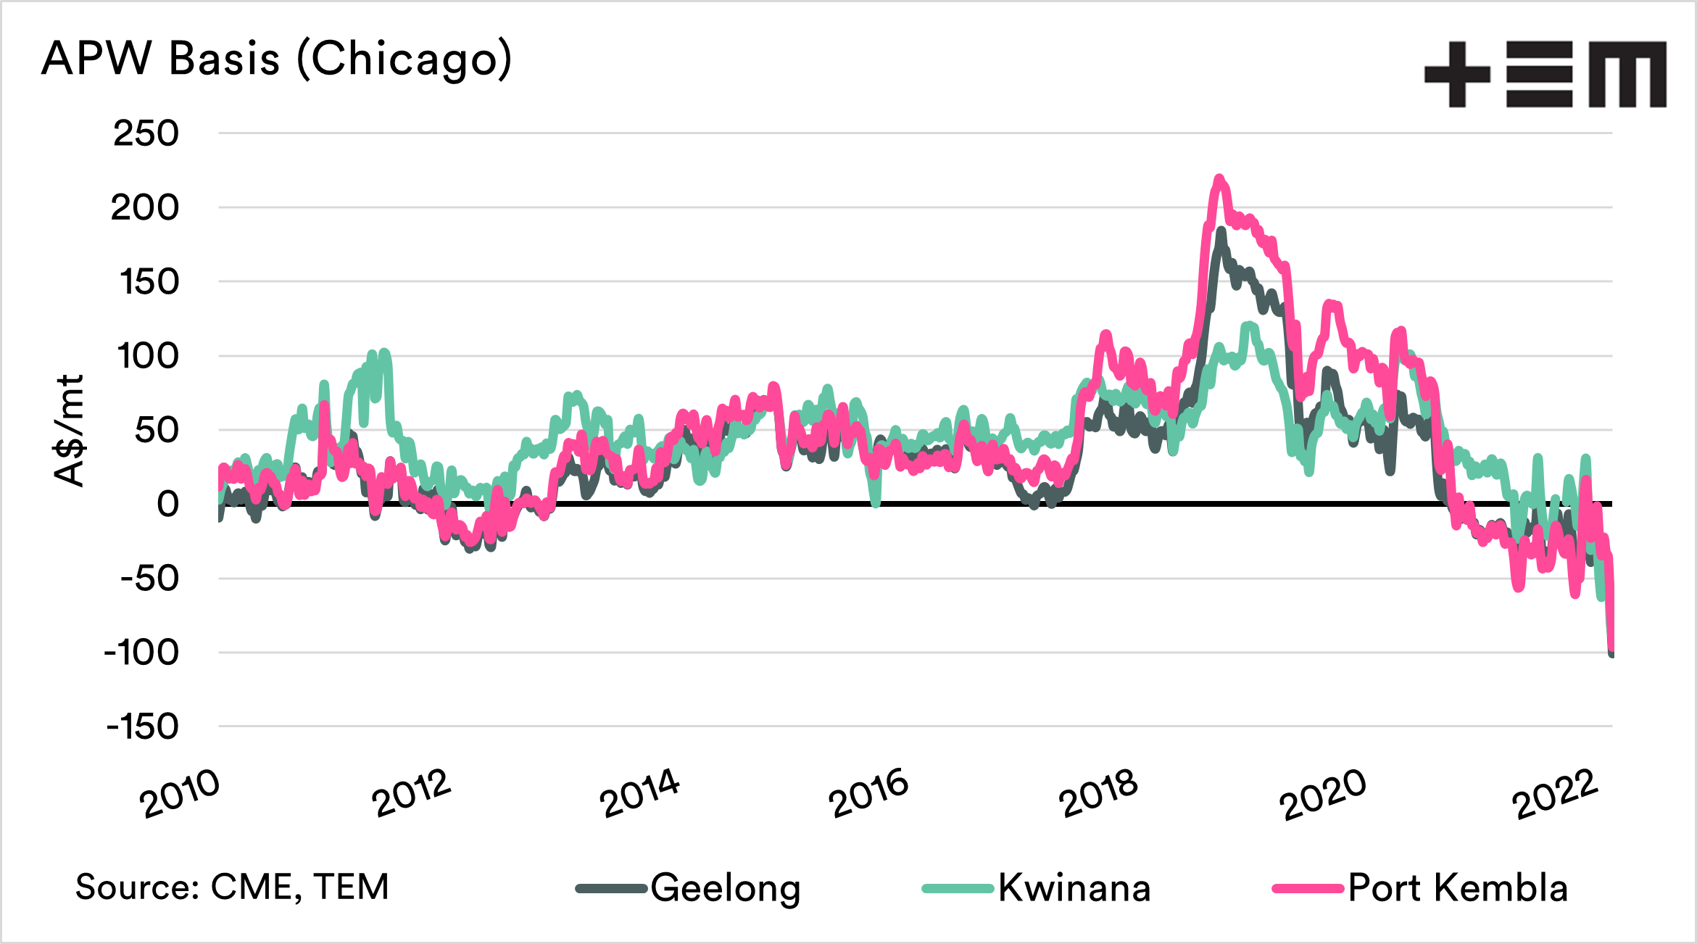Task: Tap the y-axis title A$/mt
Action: (x=70, y=431)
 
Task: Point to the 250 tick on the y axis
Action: (x=146, y=134)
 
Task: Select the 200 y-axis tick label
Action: (x=145, y=208)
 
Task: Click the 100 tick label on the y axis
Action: (x=147, y=357)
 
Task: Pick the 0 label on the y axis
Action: (x=167, y=505)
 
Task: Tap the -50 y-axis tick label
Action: (x=149, y=579)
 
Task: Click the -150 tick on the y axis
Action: (x=143, y=727)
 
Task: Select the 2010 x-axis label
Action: (x=179, y=794)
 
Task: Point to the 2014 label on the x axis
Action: (x=639, y=794)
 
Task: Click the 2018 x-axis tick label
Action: (x=1098, y=794)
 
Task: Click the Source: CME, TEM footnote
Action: (x=232, y=887)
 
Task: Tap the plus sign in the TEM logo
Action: (x=1456, y=74)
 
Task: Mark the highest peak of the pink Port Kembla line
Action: (x=1219, y=178)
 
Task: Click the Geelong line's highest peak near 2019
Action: (x=1221, y=231)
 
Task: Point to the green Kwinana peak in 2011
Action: (x=384, y=354)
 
